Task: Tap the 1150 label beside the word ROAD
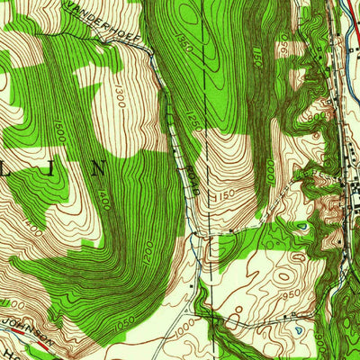[x=221, y=193]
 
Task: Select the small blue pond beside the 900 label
[x=298, y=330]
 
